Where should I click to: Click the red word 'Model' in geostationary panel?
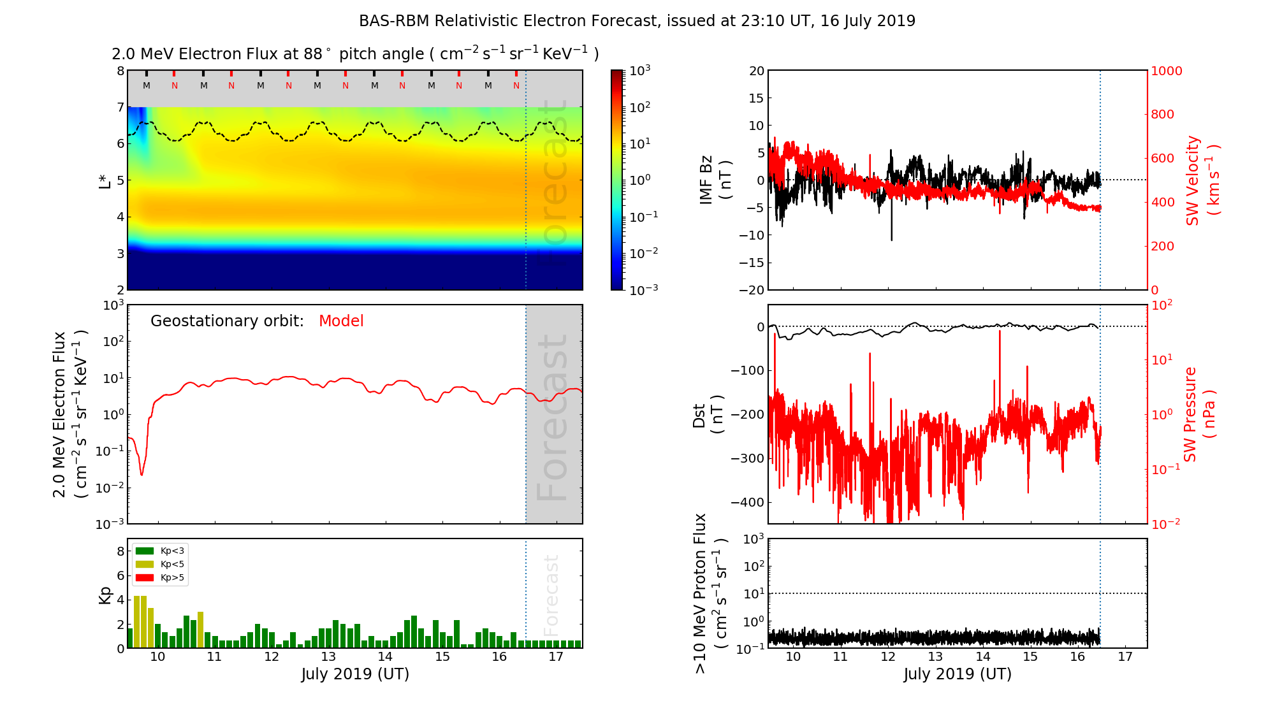341,321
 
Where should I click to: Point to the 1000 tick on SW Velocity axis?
1166,71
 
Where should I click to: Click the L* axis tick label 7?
120,107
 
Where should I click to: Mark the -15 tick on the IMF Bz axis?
752,263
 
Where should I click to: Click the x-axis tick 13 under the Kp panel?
328,657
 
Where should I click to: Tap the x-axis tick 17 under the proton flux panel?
1125,657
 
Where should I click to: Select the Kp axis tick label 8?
120,551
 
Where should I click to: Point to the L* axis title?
104,180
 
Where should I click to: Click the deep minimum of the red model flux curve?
142,475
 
